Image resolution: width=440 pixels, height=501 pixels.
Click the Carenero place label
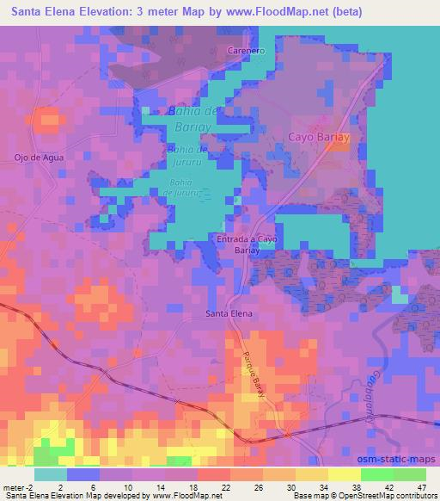[244, 51]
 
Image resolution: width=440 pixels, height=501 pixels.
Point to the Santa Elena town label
[229, 314]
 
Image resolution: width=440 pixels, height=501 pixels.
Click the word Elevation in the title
[109, 12]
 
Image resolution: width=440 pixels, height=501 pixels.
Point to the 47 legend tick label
[420, 487]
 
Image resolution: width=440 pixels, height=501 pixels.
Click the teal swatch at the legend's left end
[51, 474]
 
